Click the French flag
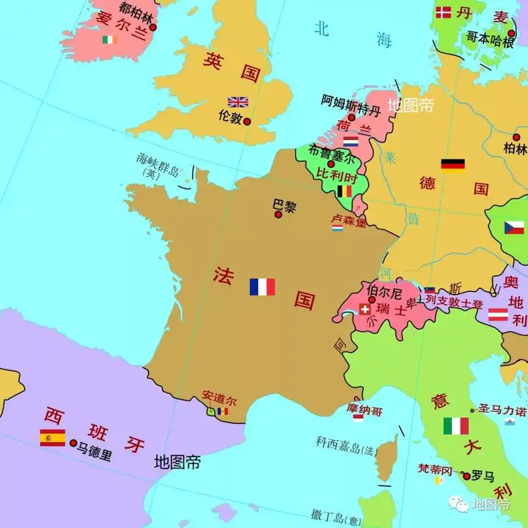click(x=262, y=287)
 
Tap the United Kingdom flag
click(x=238, y=102)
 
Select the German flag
click(x=452, y=164)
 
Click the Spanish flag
click(x=52, y=438)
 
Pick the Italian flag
click(x=455, y=426)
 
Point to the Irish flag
click(x=110, y=40)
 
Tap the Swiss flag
click(x=364, y=309)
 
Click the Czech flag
click(x=514, y=228)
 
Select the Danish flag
click(x=444, y=12)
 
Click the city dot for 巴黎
click(x=278, y=215)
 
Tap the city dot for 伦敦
click(x=247, y=121)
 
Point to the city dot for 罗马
click(x=466, y=476)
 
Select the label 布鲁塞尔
click(x=331, y=155)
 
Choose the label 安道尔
click(x=219, y=400)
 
